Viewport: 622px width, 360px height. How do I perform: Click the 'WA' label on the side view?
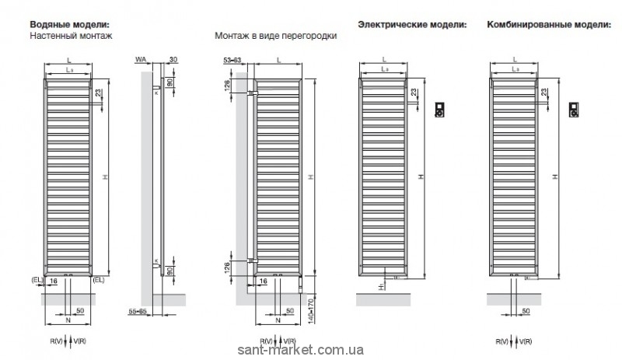click(140, 60)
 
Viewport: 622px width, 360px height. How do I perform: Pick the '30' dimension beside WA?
click(173, 60)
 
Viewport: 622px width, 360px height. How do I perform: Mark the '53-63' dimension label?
click(232, 60)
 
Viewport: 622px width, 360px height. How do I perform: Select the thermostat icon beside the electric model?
click(439, 110)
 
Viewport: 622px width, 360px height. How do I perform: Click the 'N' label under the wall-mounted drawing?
click(68, 319)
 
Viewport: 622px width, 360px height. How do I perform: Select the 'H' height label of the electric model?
click(421, 178)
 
